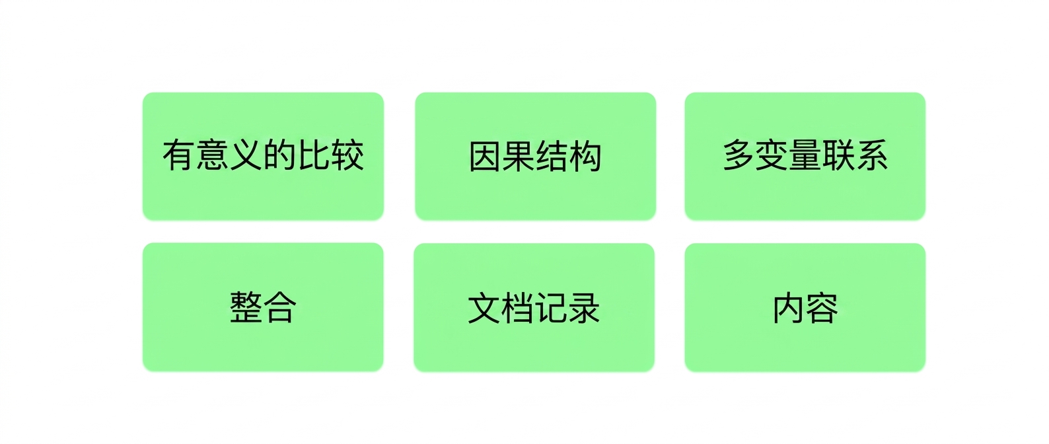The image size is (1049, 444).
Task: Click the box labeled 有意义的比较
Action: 263,156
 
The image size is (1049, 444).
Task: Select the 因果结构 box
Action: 535,156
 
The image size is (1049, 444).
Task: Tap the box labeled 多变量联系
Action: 805,156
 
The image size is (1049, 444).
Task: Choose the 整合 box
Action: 263,307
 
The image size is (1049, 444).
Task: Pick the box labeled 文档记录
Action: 534,307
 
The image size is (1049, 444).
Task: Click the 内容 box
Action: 805,307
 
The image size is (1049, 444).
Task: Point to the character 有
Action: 179,155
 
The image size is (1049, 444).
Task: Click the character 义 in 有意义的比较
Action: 246,155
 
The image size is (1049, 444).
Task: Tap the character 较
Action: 347,155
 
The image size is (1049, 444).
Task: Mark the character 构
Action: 585,157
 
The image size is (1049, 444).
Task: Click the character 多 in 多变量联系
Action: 739,155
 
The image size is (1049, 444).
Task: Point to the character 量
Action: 805,155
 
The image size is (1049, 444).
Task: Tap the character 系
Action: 871,155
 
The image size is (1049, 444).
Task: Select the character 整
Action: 246,307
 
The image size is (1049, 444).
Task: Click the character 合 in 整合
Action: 280,307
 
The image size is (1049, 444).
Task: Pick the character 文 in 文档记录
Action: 484,308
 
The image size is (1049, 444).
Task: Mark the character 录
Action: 584,308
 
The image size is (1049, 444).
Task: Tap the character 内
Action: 789,308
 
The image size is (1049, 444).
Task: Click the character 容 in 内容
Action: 822,308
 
